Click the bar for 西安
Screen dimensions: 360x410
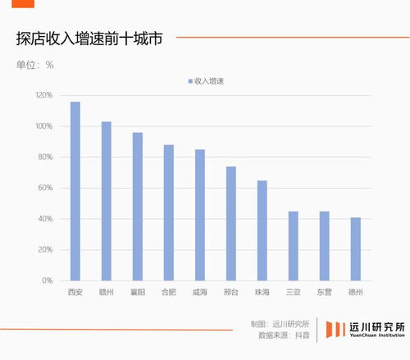tap(75, 191)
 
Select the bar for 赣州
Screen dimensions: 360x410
tap(107, 201)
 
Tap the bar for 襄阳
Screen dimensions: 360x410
tap(138, 207)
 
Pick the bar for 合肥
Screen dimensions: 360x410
tap(169, 212)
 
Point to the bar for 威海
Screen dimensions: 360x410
tap(200, 215)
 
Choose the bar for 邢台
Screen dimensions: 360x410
tap(231, 224)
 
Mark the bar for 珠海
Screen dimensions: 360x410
tap(262, 230)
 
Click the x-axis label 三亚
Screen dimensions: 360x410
tap(294, 291)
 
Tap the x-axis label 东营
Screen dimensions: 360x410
tap(325, 291)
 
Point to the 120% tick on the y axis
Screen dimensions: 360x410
tap(43, 95)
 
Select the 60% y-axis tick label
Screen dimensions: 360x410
tap(46, 188)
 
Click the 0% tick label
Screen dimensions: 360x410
tap(48, 280)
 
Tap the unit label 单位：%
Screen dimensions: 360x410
tap(34, 64)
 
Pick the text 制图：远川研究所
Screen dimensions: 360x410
tap(280, 323)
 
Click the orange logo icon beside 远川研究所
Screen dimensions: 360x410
tap(334, 329)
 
